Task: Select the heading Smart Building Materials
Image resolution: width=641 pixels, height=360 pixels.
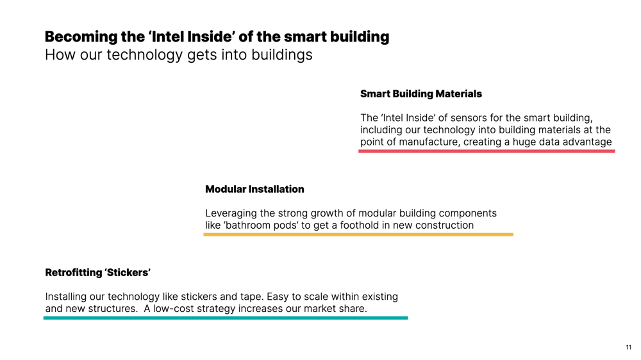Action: click(421, 94)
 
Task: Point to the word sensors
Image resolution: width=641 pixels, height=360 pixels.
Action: click(469, 118)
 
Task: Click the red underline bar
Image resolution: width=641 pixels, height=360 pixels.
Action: click(487, 151)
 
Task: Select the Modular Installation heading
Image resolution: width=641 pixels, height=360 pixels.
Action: click(254, 189)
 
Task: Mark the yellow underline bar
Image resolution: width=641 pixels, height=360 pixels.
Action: click(358, 234)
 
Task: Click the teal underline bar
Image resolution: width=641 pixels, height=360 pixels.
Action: click(226, 318)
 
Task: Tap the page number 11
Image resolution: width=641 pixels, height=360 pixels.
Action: click(628, 348)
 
